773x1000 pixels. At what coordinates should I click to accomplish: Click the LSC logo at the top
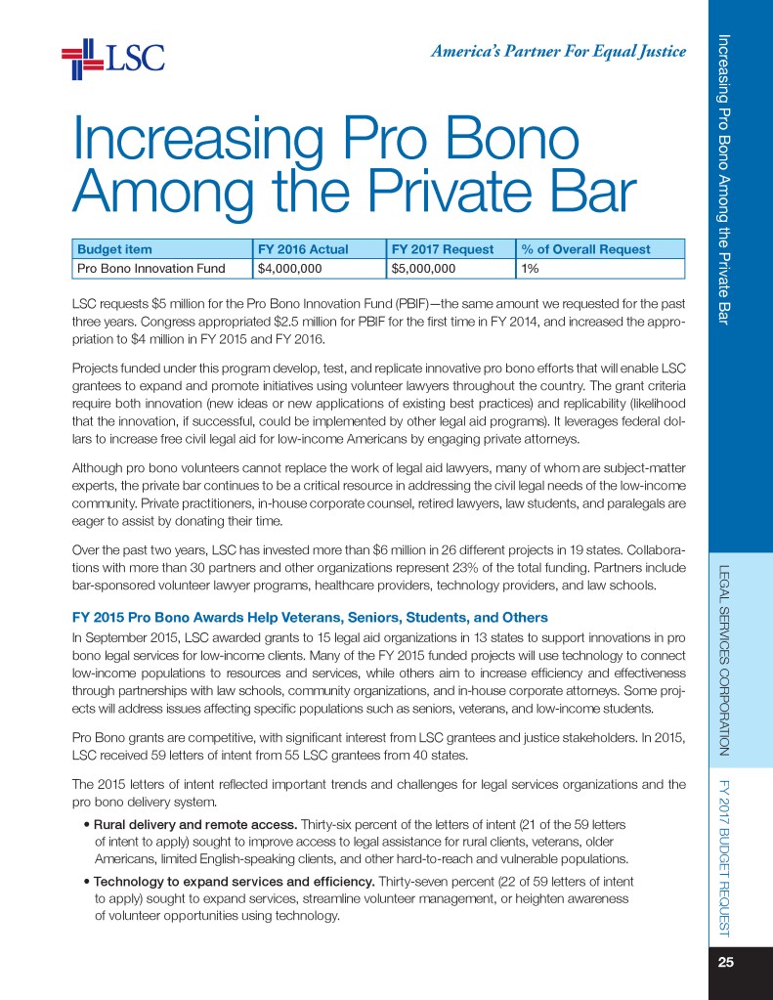click(x=112, y=60)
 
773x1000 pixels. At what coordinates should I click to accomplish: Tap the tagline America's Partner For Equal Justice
click(x=558, y=52)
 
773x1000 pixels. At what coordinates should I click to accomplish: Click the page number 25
click(x=725, y=962)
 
